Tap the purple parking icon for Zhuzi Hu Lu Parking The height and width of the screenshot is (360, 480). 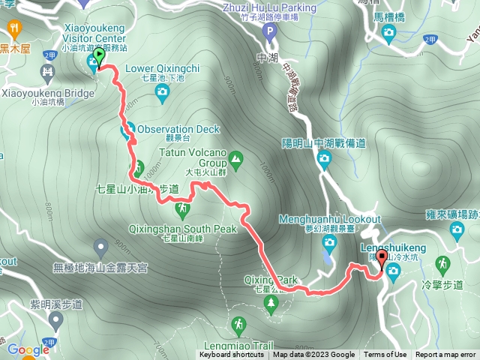(x=271, y=31)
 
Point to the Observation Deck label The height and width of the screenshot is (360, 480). (x=178, y=128)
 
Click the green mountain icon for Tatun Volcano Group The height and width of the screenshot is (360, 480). (x=236, y=158)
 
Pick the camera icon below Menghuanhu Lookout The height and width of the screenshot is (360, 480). (x=328, y=241)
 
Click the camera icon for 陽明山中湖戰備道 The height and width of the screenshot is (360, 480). (x=324, y=157)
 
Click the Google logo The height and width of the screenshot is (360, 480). (x=28, y=349)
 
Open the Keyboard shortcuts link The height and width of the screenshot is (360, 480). (x=232, y=355)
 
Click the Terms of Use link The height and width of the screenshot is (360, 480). (x=385, y=355)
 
